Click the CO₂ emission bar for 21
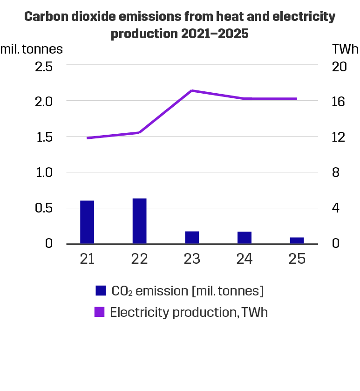87,222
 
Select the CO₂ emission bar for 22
139,221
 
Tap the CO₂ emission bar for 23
192,237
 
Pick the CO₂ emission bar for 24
245,237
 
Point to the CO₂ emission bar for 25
297,240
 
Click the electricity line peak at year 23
192,90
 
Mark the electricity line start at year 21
87,138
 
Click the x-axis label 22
139,259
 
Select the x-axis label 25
297,259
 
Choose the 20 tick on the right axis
340,66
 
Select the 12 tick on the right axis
340,137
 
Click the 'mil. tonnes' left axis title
31,48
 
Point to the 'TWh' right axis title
345,48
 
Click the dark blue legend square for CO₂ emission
101,291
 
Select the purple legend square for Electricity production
100,312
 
